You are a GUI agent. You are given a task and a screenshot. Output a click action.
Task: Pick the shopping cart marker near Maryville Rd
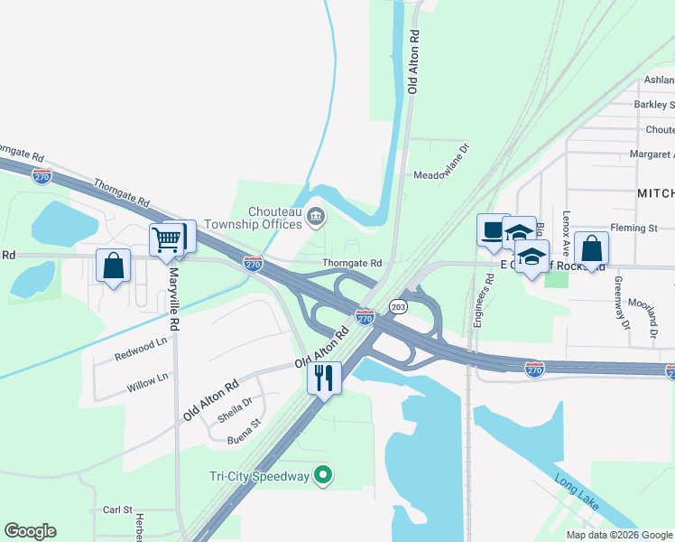[166, 240]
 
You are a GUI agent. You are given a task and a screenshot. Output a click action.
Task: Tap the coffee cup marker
[493, 230]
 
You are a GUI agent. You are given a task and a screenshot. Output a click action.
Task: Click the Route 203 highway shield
[399, 307]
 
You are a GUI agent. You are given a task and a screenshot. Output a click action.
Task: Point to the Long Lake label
[575, 491]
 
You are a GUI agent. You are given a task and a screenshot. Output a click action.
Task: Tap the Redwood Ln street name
[141, 350]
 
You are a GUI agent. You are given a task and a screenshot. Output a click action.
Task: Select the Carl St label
[117, 509]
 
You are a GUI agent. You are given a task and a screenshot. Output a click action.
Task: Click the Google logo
[30, 531]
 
